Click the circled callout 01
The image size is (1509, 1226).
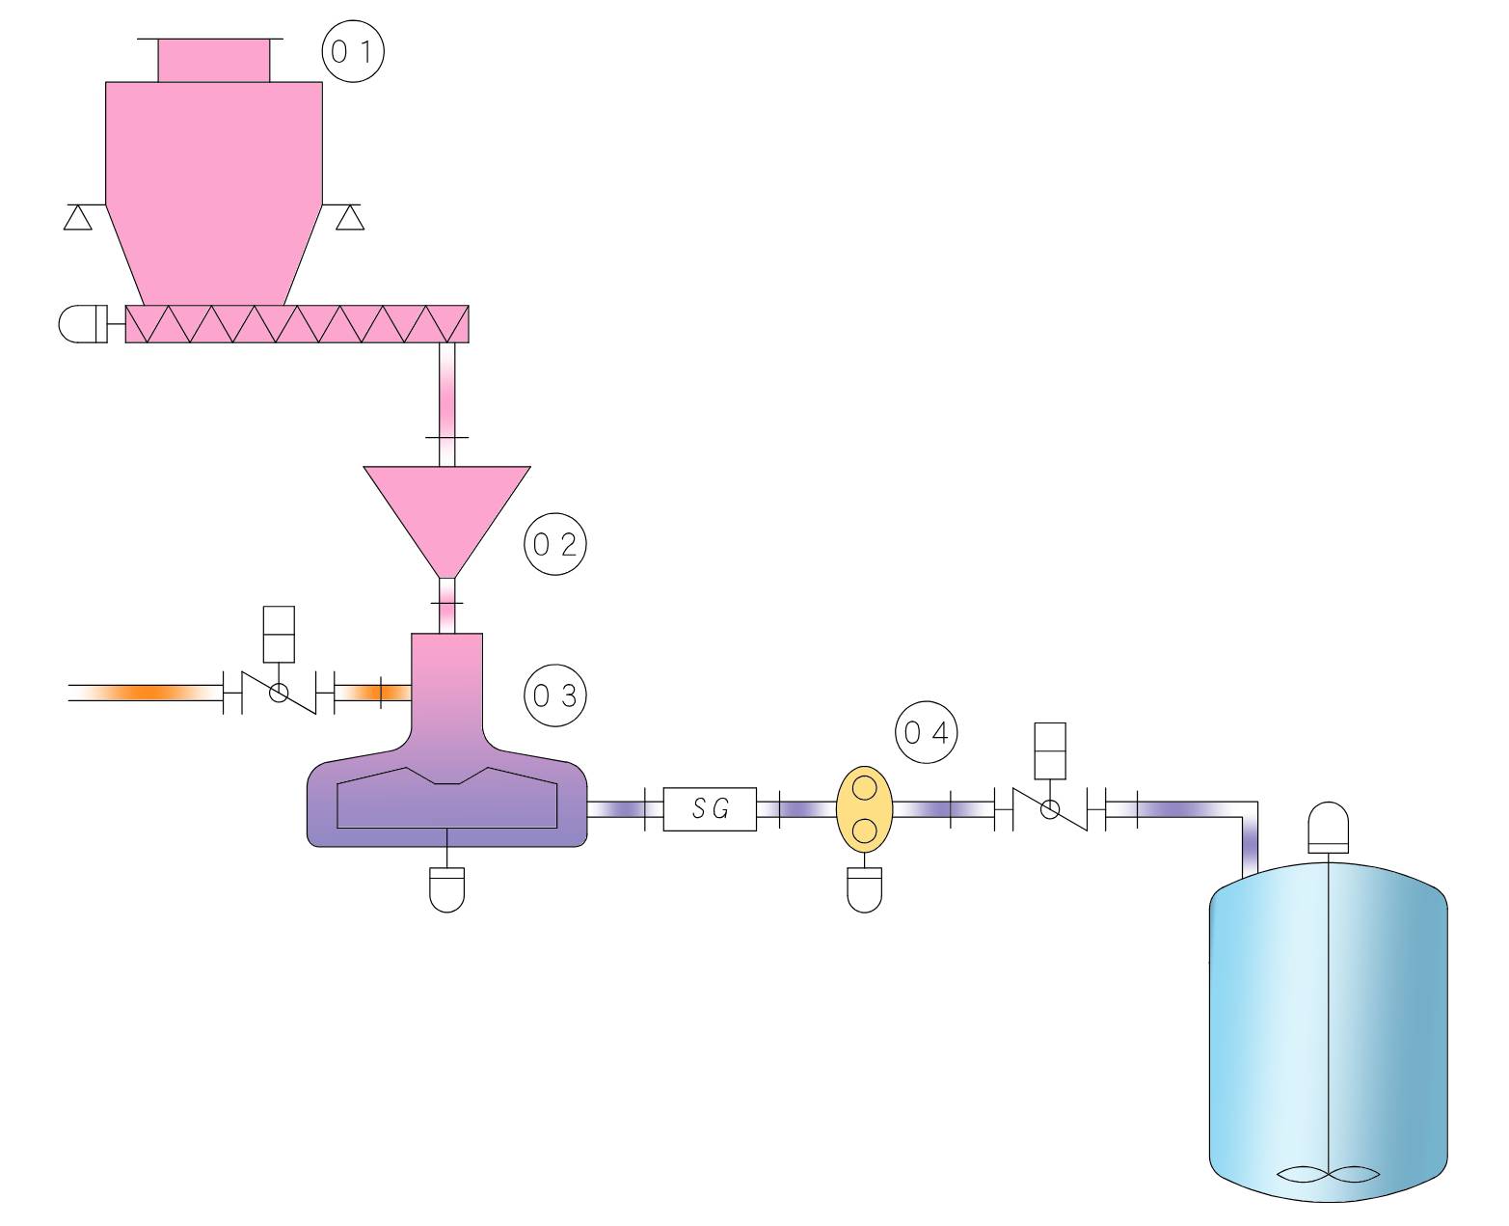click(353, 51)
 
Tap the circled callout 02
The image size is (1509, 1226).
click(554, 544)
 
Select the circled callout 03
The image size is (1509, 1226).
click(554, 695)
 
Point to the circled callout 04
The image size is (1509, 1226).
click(926, 732)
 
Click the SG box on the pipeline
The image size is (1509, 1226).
click(709, 808)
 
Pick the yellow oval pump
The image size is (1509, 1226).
click(864, 808)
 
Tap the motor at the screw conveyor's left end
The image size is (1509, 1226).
click(83, 324)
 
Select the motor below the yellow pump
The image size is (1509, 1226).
click(864, 889)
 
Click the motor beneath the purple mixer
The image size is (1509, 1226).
click(447, 889)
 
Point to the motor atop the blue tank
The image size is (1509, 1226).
click(1329, 827)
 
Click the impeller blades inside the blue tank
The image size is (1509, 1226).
click(1329, 1174)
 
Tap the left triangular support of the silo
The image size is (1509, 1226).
click(78, 217)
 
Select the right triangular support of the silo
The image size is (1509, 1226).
click(350, 217)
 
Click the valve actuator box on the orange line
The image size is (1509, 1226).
click(279, 634)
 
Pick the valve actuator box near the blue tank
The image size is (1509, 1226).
click(1050, 750)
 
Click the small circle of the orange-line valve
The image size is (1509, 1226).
click(279, 693)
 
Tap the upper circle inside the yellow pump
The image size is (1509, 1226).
click(864, 787)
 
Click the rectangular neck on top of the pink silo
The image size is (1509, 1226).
click(213, 60)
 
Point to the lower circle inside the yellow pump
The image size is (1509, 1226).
click(864, 830)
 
